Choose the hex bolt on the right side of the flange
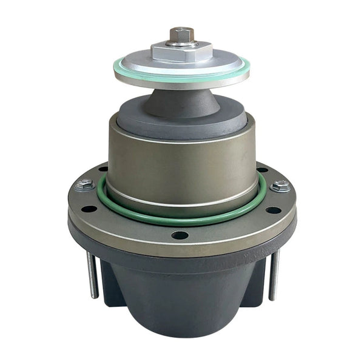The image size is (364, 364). pos(280,186)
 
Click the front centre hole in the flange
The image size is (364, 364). pos(180,234)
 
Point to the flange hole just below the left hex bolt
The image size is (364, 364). pos(89,209)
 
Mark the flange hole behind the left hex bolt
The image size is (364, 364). pos(102,169)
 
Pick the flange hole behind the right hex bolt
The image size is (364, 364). pos(262,170)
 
